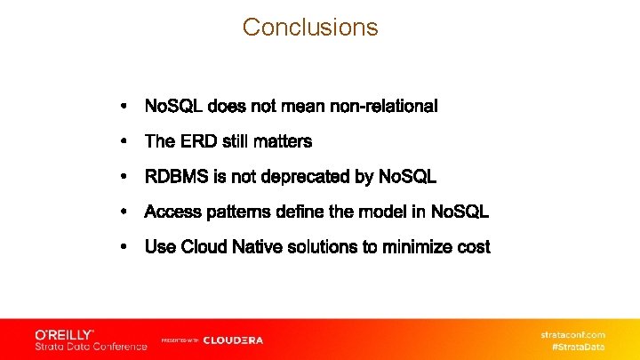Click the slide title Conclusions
310,28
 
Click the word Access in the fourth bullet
171,212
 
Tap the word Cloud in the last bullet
204,247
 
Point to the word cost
473,247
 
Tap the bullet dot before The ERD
124,141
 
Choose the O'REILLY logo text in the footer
64,334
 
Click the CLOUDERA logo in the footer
233,340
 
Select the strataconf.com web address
573,334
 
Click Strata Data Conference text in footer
91,347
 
